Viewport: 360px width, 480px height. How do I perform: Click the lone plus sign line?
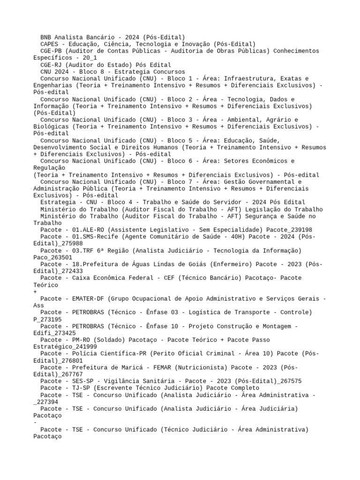(x=36, y=292)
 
